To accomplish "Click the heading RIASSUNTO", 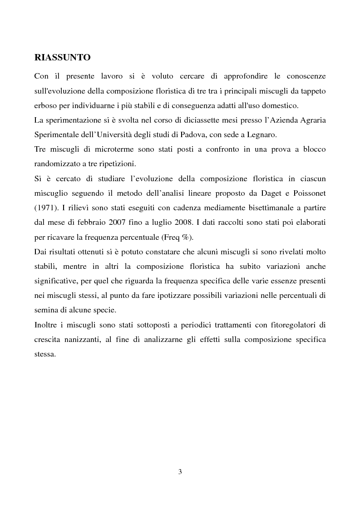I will click(62, 58).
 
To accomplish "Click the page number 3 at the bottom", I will click(180, 472).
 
